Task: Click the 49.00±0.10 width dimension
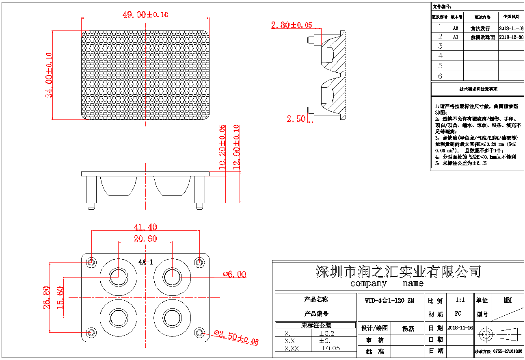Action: click(x=145, y=15)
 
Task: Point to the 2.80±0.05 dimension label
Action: click(x=292, y=25)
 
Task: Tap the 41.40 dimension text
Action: click(x=145, y=227)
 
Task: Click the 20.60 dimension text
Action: click(x=145, y=239)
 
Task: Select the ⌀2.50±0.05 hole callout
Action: click(x=236, y=338)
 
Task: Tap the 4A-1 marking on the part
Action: click(x=145, y=262)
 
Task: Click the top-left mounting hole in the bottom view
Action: click(x=92, y=262)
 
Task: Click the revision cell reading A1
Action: click(x=456, y=37)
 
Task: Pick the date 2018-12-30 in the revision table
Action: click(x=511, y=37)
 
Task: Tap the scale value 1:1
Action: click(x=460, y=300)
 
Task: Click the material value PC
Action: click(x=458, y=314)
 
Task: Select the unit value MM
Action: click(x=508, y=300)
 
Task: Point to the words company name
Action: click(x=387, y=283)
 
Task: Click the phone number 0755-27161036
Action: click(x=508, y=351)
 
